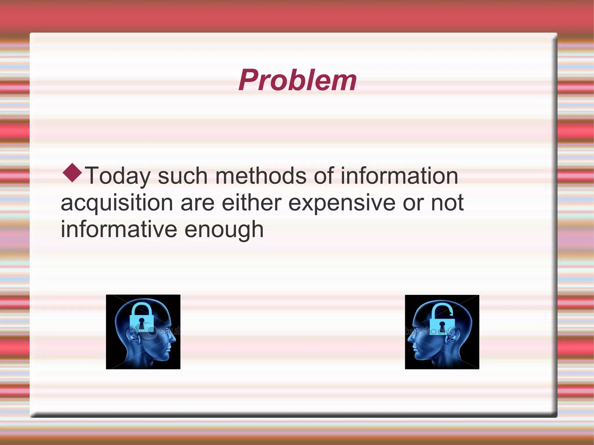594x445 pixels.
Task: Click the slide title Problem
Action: click(x=297, y=80)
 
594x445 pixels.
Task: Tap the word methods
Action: click(x=261, y=176)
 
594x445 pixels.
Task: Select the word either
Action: click(x=251, y=203)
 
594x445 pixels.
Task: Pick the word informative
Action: click(x=119, y=229)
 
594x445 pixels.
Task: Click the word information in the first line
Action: click(x=399, y=176)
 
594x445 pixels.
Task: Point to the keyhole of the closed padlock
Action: click(x=142, y=323)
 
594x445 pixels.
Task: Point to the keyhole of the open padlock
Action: click(x=442, y=326)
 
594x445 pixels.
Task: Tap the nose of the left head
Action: click(x=174, y=339)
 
